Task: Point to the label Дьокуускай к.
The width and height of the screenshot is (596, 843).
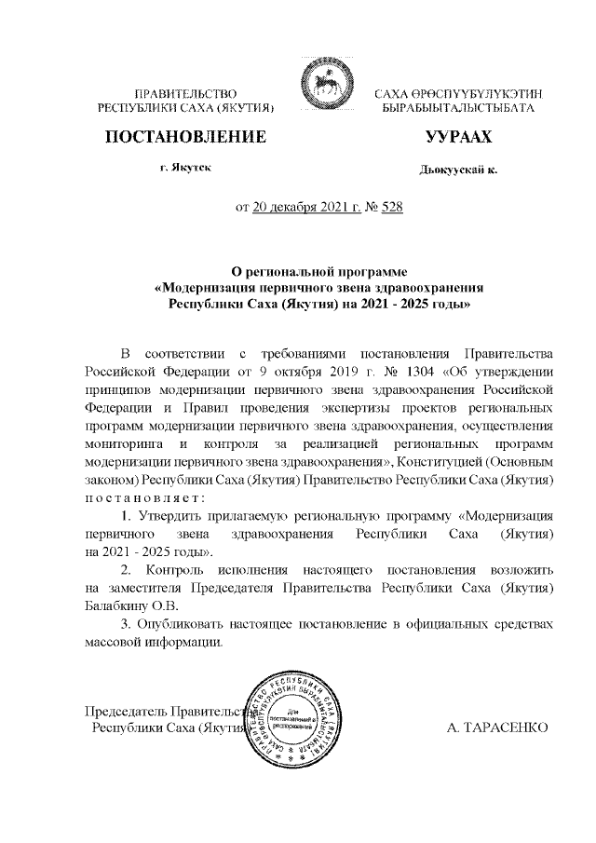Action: [x=459, y=170]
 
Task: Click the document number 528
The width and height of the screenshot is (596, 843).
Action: [x=388, y=208]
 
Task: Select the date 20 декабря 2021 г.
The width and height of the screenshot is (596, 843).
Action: [x=306, y=208]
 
